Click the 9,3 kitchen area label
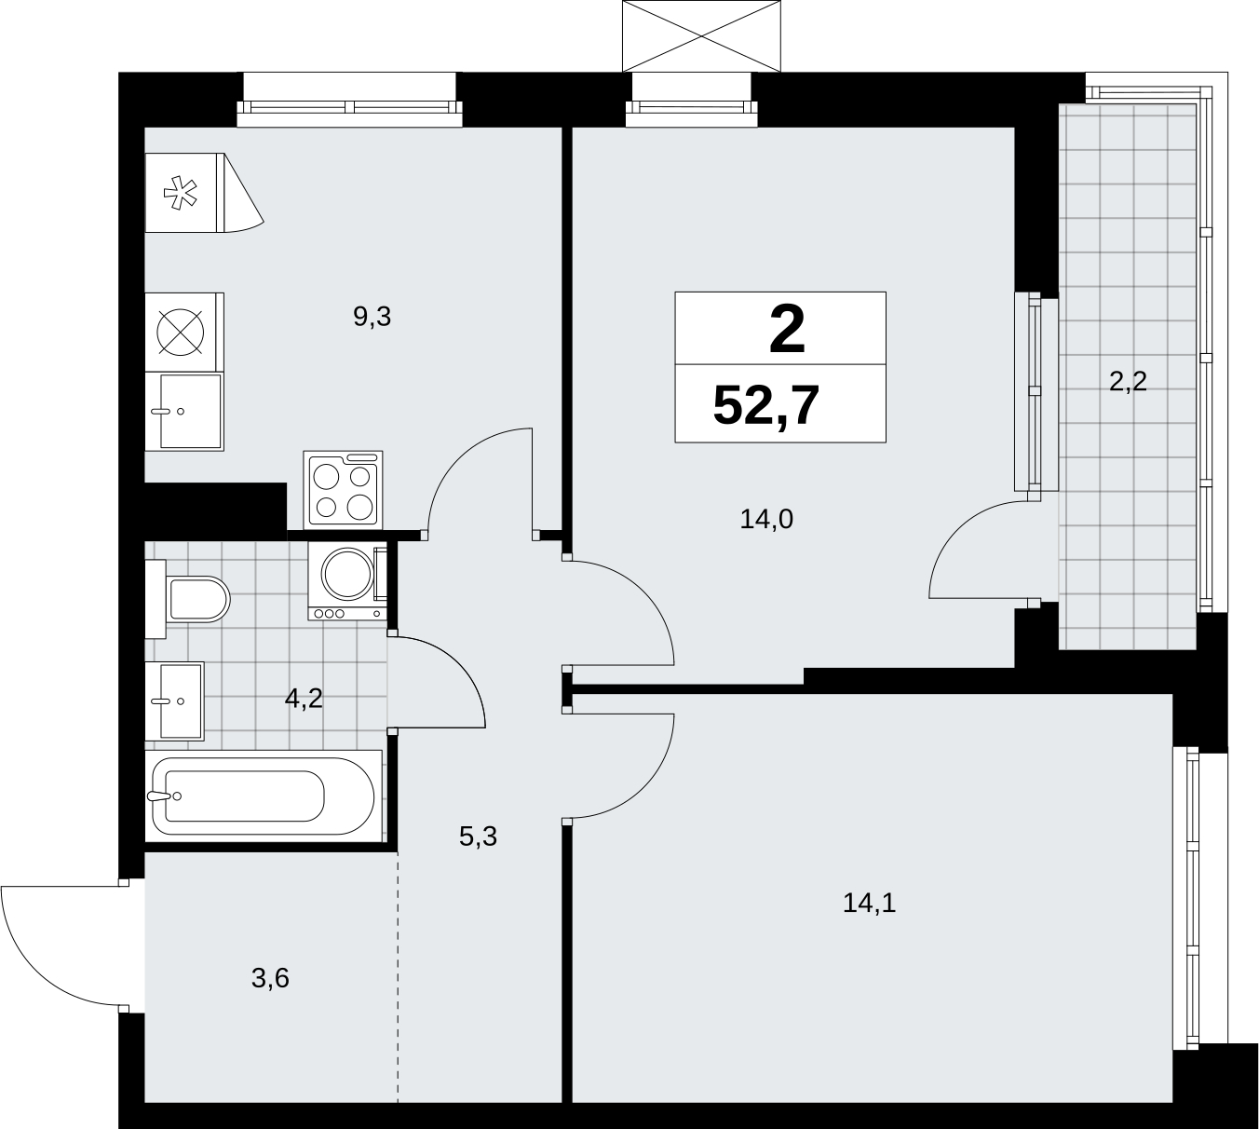[x=372, y=317]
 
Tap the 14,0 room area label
[x=766, y=519]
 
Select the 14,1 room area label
[x=869, y=902]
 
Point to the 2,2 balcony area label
[x=1128, y=381]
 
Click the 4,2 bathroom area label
[x=304, y=699]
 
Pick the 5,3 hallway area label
[x=478, y=837]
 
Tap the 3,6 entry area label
[x=270, y=978]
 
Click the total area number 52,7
[x=766, y=405]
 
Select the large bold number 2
[x=787, y=332]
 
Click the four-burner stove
[x=343, y=489]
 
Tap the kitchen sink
[x=184, y=411]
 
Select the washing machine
[x=348, y=580]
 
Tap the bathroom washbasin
[x=175, y=701]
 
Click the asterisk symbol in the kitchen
[x=181, y=193]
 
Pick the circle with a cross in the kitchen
[x=181, y=332]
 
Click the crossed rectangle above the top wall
[x=701, y=36]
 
